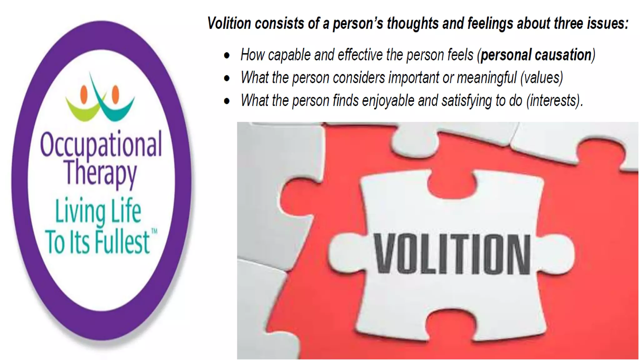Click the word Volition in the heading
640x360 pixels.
click(x=229, y=23)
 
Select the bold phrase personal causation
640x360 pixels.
click(x=536, y=55)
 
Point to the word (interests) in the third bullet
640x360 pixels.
click(x=554, y=101)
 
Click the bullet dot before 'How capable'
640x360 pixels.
click(x=227, y=56)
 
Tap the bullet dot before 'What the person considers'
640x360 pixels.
click(x=227, y=78)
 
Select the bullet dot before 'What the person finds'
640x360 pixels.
click(x=227, y=101)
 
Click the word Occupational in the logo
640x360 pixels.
click(x=101, y=145)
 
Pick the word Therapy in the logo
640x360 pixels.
click(x=101, y=173)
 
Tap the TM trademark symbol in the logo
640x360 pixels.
click(x=154, y=232)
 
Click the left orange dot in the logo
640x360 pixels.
click(x=84, y=94)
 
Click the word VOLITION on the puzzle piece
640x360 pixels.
click(x=452, y=254)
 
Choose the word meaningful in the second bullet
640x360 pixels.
click(x=487, y=78)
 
